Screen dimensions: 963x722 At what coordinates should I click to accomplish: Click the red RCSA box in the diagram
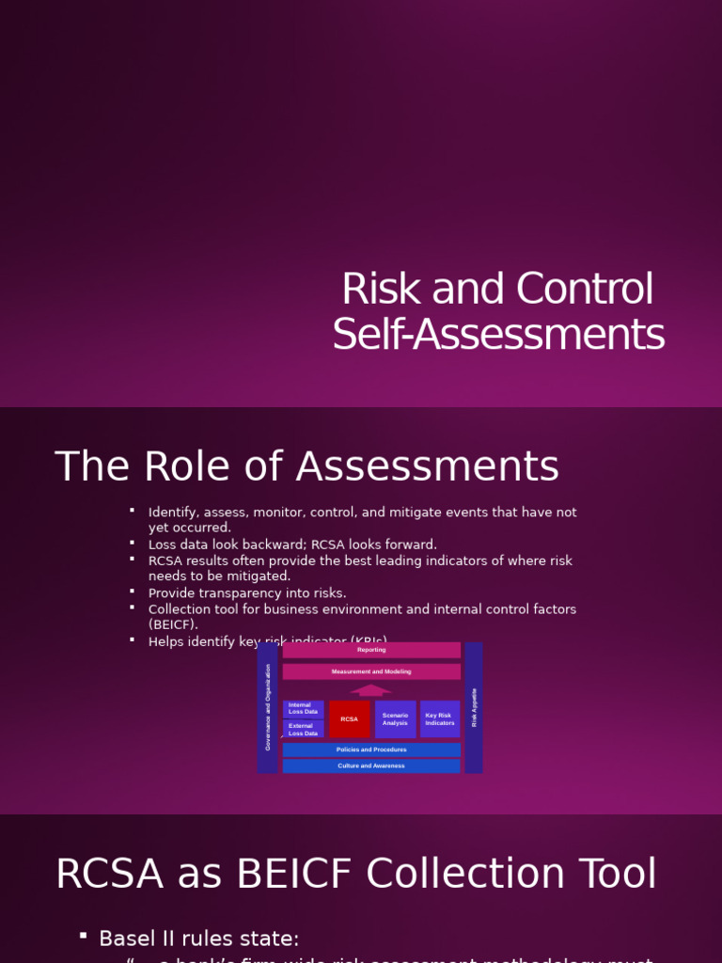pos(349,719)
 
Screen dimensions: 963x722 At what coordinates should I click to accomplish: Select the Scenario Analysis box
pos(395,719)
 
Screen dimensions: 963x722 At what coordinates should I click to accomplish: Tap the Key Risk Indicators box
pos(439,719)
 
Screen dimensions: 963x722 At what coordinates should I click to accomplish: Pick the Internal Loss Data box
pos(303,709)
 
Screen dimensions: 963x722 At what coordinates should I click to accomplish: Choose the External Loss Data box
pos(303,730)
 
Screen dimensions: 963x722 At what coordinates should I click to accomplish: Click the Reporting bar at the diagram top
pos(371,650)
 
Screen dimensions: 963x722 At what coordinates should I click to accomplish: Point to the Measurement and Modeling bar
pos(371,671)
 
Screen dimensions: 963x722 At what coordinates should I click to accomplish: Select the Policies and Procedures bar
pos(371,750)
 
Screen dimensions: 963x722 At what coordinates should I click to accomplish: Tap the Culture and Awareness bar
pos(371,766)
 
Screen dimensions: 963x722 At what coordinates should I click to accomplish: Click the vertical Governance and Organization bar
pos(268,707)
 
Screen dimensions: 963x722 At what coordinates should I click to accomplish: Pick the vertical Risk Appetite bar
pos(474,707)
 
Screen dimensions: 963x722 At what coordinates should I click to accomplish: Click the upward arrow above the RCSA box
pos(370,690)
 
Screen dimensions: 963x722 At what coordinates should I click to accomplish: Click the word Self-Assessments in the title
pos(498,335)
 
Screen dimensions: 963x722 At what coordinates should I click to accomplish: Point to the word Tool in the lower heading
pos(618,874)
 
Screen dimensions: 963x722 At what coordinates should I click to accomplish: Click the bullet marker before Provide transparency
pos(133,591)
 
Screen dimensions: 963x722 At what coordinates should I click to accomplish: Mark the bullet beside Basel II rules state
pos(84,936)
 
